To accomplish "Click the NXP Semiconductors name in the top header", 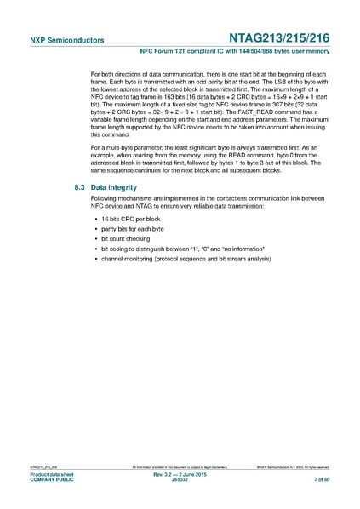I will (x=55, y=39).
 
